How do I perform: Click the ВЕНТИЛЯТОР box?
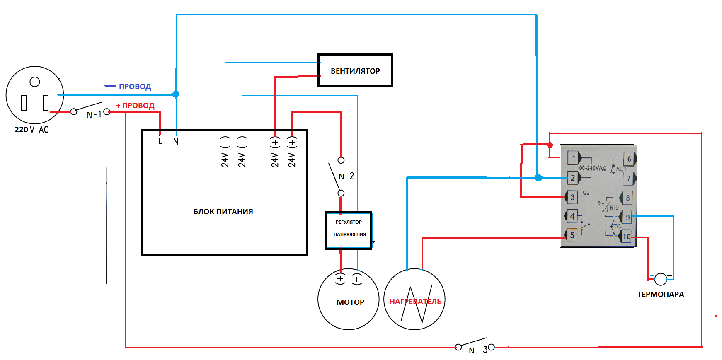click(x=355, y=70)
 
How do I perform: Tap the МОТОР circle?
click(x=349, y=299)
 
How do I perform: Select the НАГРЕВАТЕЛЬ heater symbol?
click(x=414, y=299)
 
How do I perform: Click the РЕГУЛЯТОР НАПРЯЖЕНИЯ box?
click(x=349, y=230)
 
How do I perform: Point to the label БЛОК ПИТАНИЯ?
click(x=223, y=211)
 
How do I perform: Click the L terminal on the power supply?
click(x=160, y=141)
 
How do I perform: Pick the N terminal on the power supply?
click(x=176, y=141)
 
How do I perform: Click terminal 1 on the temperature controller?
click(x=574, y=158)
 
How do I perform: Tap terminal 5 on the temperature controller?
click(x=572, y=235)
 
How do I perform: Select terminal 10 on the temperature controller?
click(x=626, y=237)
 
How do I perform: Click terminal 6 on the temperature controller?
click(x=629, y=159)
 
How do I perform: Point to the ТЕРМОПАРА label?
click(x=660, y=295)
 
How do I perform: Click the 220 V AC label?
click(x=31, y=130)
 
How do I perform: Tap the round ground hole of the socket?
click(x=35, y=82)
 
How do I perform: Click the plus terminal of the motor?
click(x=340, y=279)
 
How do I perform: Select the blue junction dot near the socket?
click(x=176, y=94)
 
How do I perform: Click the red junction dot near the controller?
click(x=550, y=145)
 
